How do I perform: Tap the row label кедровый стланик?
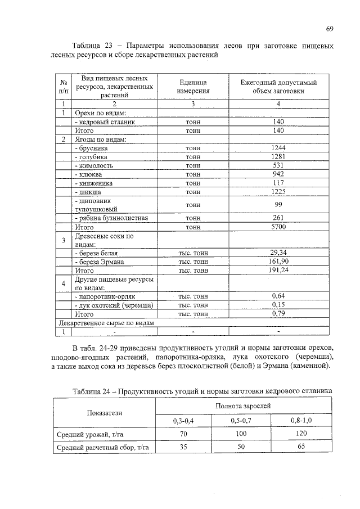105,121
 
